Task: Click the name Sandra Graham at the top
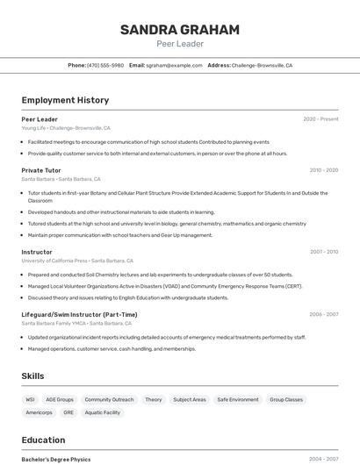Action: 180,30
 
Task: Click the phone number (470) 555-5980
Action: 105,65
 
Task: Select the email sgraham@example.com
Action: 174,65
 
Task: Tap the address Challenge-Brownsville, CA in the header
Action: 262,65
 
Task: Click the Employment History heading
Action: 65,100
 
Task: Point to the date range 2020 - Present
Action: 320,119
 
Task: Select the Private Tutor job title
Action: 41,170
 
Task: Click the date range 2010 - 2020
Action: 324,170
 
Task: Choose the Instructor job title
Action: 37,252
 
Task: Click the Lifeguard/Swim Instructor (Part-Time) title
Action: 79,314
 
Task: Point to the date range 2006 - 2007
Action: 323,314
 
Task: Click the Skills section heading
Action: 32,376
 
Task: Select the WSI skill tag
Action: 31,400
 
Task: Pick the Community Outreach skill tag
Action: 109,400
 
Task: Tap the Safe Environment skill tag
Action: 238,400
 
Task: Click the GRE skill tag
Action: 68,412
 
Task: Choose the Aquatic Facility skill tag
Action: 103,412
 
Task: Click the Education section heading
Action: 43,440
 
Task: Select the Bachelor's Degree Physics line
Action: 56,459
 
